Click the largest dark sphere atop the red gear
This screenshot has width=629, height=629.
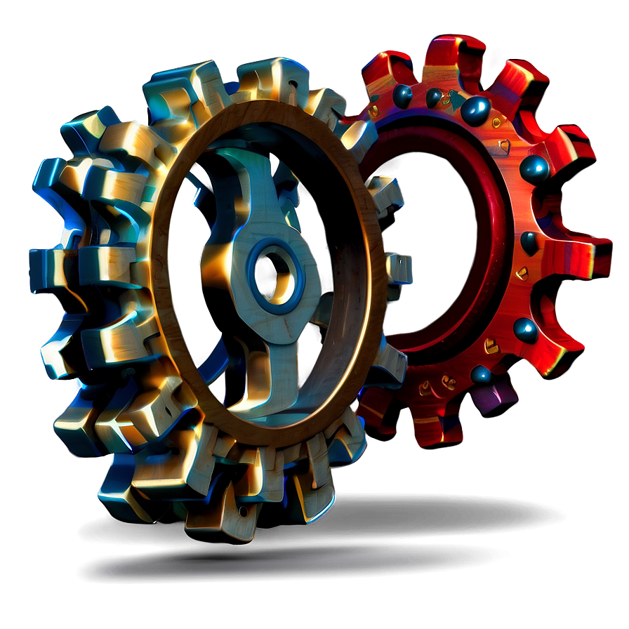click(475, 110)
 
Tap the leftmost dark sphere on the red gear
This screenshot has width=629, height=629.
click(402, 96)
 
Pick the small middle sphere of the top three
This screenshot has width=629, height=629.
click(435, 97)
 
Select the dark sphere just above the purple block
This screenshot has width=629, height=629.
click(481, 373)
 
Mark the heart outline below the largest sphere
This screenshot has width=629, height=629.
click(504, 146)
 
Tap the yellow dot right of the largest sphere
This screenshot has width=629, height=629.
click(498, 122)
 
